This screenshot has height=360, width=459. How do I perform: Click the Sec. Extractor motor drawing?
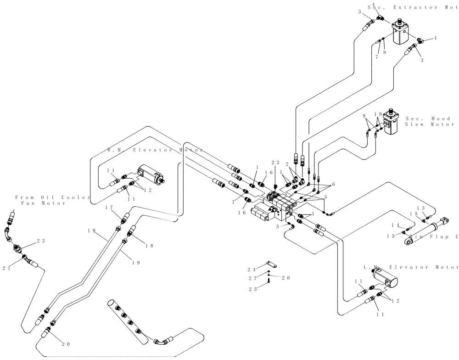(x=403, y=33)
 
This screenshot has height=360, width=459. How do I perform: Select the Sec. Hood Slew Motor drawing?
(x=392, y=122)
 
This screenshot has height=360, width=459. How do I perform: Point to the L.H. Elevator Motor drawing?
(x=385, y=278)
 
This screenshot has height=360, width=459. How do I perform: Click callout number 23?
(x=275, y=162)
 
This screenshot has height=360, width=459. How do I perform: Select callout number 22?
(x=41, y=241)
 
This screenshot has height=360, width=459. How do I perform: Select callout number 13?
(x=423, y=208)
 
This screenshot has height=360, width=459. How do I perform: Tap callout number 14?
(x=395, y=225)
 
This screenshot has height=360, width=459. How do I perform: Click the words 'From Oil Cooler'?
(x=48, y=197)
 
